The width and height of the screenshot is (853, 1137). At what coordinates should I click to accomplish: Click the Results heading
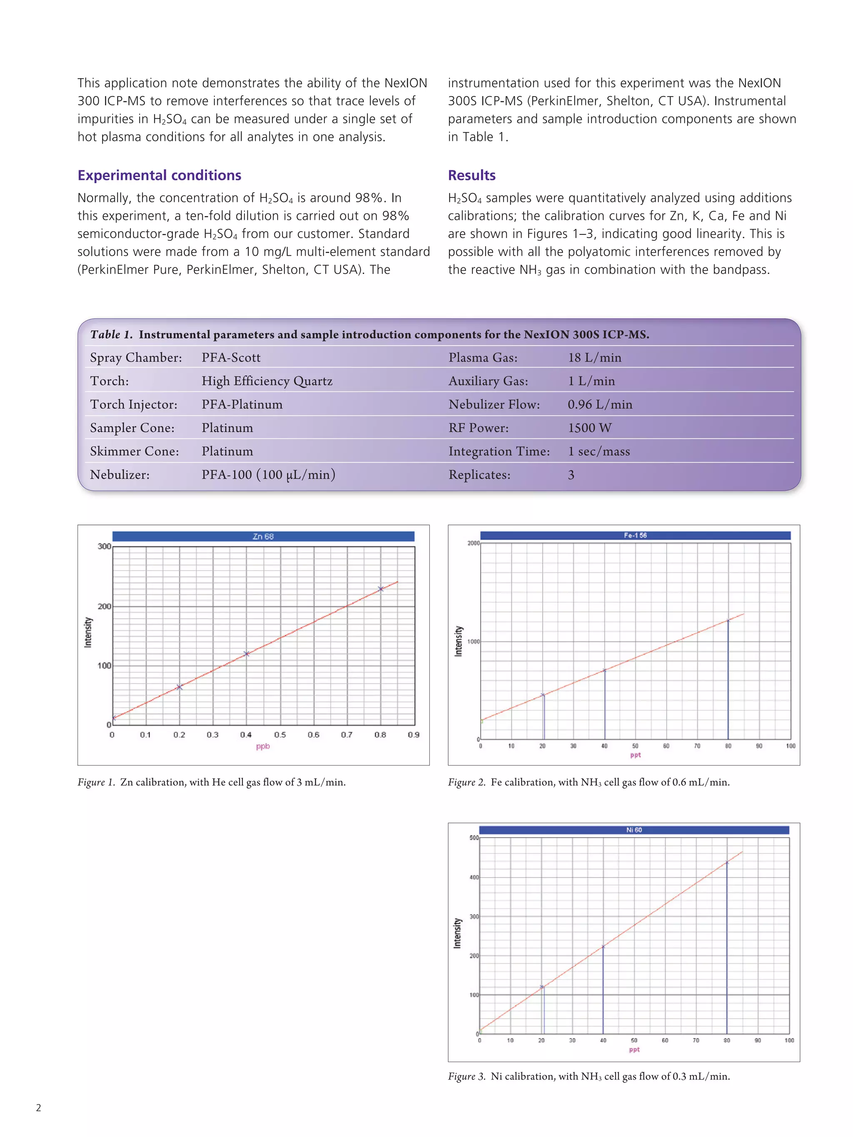click(x=471, y=175)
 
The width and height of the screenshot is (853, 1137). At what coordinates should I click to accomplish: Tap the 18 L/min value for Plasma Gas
click(x=594, y=357)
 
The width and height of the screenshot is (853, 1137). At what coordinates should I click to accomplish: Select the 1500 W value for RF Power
click(x=589, y=428)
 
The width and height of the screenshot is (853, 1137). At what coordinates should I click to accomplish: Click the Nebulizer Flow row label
click(x=494, y=405)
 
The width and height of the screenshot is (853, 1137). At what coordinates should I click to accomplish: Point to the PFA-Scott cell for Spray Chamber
click(x=230, y=357)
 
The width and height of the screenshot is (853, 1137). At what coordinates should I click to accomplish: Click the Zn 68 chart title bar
click(x=263, y=536)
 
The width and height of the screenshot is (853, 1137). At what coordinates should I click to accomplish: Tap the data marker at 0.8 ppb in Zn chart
click(x=381, y=589)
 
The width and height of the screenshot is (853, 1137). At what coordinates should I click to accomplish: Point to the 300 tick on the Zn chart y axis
click(x=105, y=546)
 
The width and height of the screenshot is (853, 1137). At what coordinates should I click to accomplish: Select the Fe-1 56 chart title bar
click(x=635, y=535)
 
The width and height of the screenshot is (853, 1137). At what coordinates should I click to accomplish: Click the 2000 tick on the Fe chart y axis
click(x=473, y=543)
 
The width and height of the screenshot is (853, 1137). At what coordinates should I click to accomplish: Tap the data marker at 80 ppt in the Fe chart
click(x=728, y=621)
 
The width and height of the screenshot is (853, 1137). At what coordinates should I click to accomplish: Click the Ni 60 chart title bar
click(x=634, y=830)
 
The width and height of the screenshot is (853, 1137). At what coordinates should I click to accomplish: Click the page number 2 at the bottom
click(x=39, y=1108)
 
